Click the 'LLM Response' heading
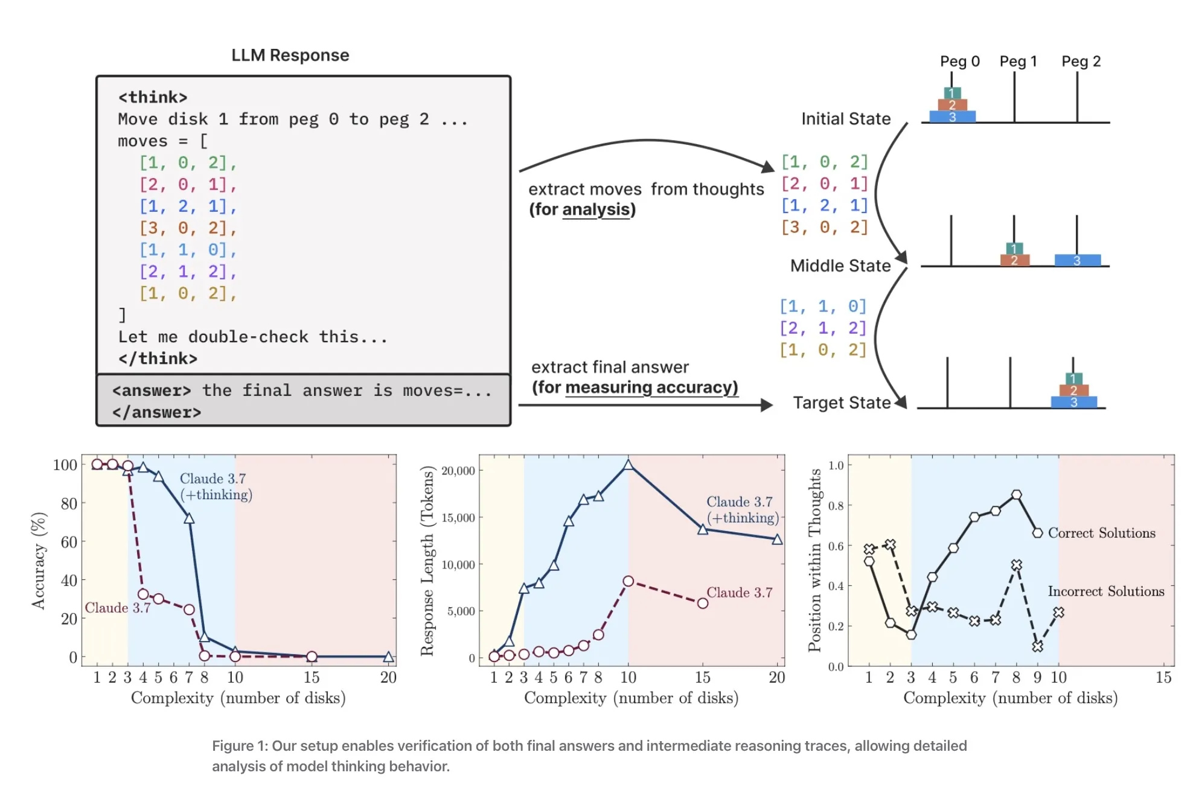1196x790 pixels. [290, 55]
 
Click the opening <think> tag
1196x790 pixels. [153, 97]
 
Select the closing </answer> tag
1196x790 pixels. [156, 412]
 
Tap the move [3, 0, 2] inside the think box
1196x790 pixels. [187, 228]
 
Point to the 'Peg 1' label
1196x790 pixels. [1018, 61]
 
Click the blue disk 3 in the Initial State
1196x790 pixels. [952, 117]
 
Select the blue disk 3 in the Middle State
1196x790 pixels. [1077, 261]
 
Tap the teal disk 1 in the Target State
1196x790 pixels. [1073, 379]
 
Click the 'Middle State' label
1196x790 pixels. [840, 266]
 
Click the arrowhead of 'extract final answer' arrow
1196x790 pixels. [767, 405]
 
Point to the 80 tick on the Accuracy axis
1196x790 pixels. [69, 503]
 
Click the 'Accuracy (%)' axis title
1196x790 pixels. [39, 561]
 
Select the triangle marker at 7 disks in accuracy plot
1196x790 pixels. [189, 518]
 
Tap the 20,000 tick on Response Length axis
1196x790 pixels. [458, 471]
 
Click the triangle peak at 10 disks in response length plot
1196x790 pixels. [628, 465]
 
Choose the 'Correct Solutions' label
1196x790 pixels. [1101, 533]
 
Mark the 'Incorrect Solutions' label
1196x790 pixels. [1105, 591]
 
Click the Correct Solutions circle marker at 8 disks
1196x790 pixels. [1016, 495]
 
